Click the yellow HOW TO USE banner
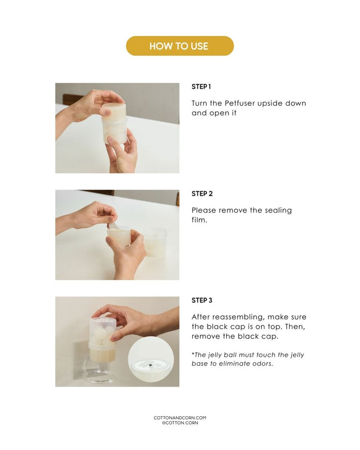click(179, 46)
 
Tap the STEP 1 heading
click(201, 87)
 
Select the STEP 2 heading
click(202, 193)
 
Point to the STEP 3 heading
click(202, 300)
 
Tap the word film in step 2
click(199, 220)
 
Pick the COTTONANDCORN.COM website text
click(180, 418)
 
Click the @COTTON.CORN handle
click(180, 423)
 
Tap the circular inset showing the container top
click(151, 359)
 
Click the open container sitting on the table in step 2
click(155, 243)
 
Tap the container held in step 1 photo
click(114, 123)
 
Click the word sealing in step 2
click(278, 210)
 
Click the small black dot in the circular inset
click(151, 365)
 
